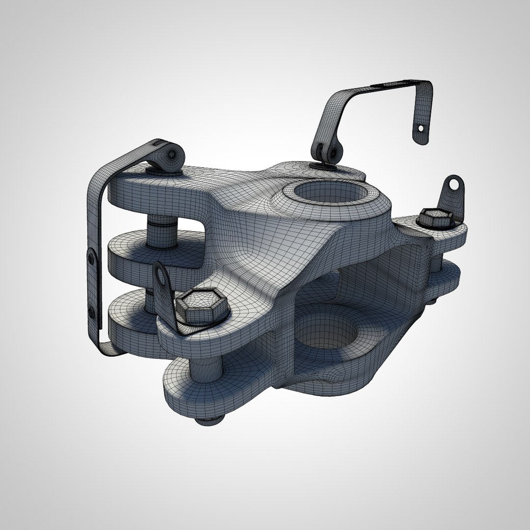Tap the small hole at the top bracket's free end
420,129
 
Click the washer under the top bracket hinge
326,166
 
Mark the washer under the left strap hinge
162,171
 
